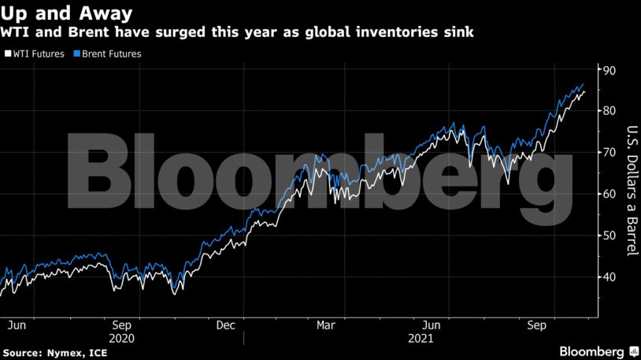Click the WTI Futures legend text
[x=39, y=54]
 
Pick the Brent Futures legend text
[x=112, y=54]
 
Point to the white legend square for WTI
[x=7, y=54]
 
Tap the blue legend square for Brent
[x=77, y=54]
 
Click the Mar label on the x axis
[x=326, y=325]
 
